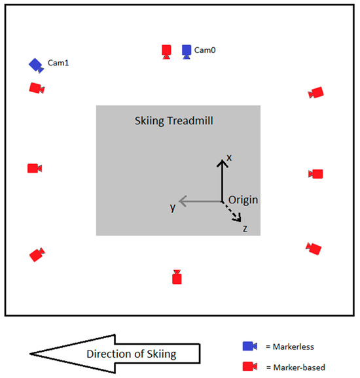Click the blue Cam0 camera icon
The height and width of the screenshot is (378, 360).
187,51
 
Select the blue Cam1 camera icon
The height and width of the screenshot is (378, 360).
35,65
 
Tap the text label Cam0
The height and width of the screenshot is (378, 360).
206,50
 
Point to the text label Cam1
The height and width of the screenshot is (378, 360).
58,63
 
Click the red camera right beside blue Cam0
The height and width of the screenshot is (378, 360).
167,51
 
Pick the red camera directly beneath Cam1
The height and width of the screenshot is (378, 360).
37,88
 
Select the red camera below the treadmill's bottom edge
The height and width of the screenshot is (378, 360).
176,277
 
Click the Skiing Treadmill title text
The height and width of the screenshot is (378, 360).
173,121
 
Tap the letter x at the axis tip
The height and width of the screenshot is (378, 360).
229,157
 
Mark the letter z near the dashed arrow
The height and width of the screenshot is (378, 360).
244,228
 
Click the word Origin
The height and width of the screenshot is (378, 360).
242,199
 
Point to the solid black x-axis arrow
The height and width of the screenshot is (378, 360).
222,180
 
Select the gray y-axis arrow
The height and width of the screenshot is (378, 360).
200,200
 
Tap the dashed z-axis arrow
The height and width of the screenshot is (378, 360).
232,211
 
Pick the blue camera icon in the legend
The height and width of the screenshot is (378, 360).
249,346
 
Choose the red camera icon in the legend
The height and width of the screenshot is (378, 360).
249,366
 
